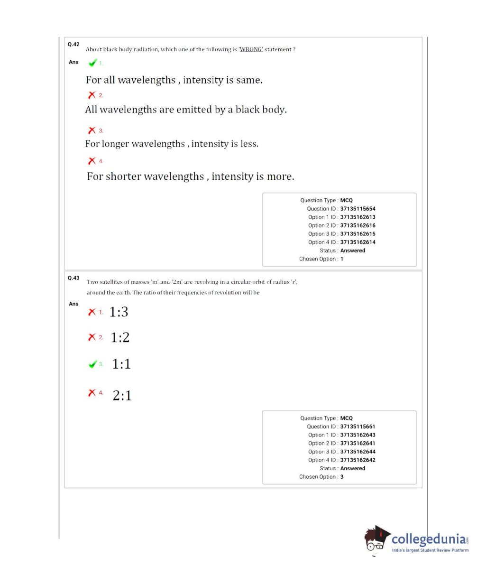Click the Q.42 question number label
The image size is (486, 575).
pos(73,44)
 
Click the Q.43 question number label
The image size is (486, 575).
pos(73,278)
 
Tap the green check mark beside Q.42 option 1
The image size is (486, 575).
pos(93,63)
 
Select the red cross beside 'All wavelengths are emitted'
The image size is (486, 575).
pos(92,95)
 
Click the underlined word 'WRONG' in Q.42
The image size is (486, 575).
pos(251,49)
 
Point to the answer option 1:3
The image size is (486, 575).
pos(119,312)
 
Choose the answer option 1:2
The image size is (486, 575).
pos(120,337)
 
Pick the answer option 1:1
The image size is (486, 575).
pos(121,364)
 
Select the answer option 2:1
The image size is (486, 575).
pos(122,395)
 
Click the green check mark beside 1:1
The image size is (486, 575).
pos(93,364)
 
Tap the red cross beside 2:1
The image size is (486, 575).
pos(92,393)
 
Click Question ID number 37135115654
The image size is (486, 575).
pos(358,209)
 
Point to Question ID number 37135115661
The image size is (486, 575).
pos(358,427)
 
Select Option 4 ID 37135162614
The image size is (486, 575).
pos(358,242)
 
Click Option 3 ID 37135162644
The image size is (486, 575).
pos(358,452)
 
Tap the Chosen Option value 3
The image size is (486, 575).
pos(342,477)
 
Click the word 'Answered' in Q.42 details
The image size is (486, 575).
pos(353,250)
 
